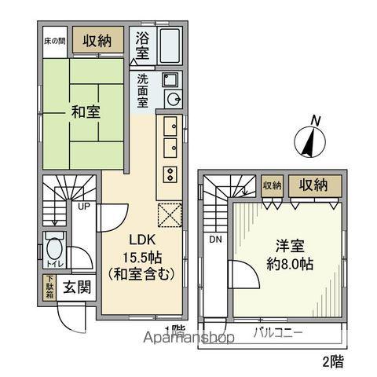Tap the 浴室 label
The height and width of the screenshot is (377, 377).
tap(142, 45)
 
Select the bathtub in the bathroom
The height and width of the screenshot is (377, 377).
tap(170, 47)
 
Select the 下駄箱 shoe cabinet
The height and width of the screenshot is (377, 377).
tap(49, 288)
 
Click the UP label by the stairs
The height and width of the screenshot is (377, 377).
tap(81, 207)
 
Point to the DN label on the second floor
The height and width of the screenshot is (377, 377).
tap(214, 240)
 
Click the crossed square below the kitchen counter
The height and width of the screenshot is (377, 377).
tap(170, 214)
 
